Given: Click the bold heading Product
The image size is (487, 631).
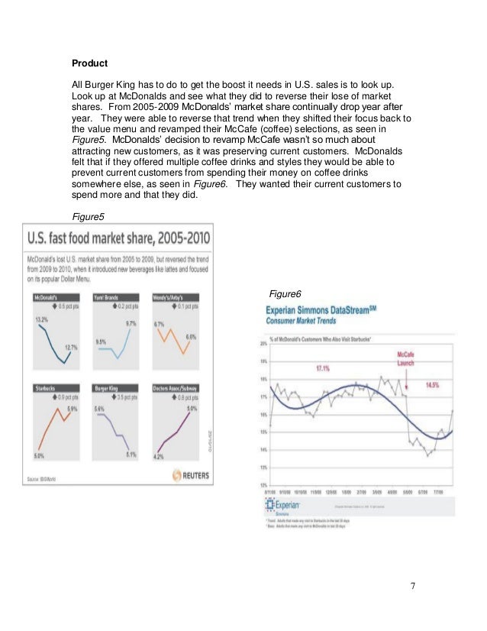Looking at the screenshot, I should point(89,62).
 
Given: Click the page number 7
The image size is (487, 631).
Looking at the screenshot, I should point(413,587).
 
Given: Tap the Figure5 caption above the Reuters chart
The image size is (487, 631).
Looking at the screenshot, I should point(85,216).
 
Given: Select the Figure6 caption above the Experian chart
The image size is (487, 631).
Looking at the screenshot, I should point(286,294).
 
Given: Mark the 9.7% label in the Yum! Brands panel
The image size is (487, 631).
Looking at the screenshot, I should point(132,324).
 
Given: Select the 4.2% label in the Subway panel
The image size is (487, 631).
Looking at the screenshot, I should point(159,457).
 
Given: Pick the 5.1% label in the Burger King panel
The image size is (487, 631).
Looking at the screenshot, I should point(131,455).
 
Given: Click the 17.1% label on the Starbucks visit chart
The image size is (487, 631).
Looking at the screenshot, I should point(323,369).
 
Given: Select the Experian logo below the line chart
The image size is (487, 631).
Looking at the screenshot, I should point(283,506).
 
